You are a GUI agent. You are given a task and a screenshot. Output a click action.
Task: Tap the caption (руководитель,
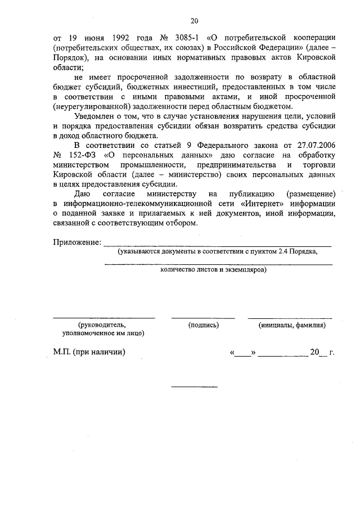[x=102, y=325]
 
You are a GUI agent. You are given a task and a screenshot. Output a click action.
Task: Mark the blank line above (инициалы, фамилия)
[x=290, y=318]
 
